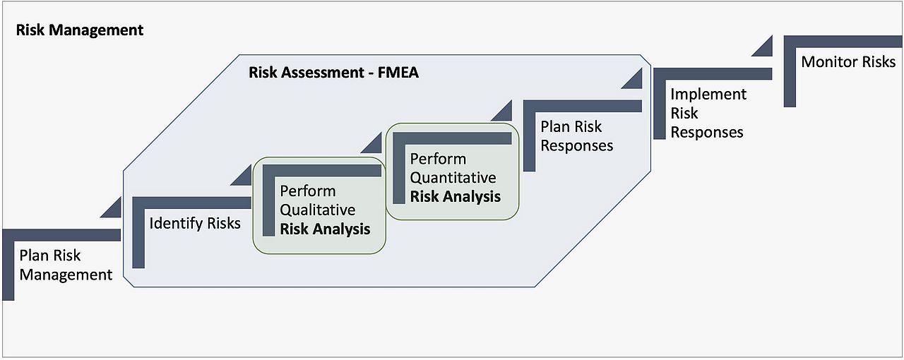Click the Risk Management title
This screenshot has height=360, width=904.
[79, 30]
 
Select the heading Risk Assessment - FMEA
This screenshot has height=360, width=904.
[333, 72]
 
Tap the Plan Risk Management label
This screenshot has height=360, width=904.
[66, 265]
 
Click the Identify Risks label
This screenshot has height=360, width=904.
[195, 224]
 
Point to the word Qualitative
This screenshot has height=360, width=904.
[318, 210]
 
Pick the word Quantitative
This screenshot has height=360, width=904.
[453, 177]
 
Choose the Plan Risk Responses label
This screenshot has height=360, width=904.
[576, 136]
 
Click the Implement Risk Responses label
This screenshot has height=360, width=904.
[708, 113]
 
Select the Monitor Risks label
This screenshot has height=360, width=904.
[848, 62]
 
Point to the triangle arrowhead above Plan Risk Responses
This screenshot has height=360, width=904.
[503, 112]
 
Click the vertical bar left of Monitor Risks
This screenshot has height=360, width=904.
[790, 78]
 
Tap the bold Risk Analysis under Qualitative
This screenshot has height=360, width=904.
[325, 229]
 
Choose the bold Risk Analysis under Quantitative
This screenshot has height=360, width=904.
[456, 196]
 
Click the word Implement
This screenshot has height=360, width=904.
[708, 95]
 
